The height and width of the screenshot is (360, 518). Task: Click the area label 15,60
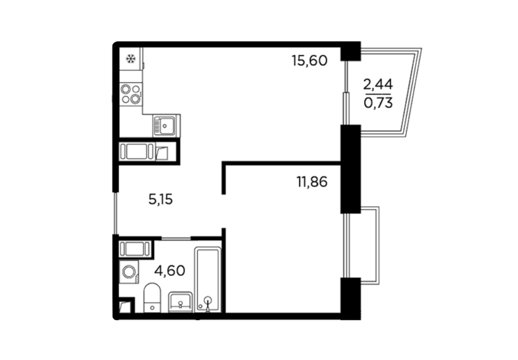click(x=309, y=61)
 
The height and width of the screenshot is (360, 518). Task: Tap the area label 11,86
click(x=311, y=182)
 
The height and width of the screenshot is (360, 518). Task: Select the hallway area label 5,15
click(x=161, y=199)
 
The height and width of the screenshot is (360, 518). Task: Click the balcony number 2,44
click(x=378, y=85)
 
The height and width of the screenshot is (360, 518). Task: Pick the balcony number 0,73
click(x=378, y=103)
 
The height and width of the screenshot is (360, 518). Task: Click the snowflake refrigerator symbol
click(x=131, y=59)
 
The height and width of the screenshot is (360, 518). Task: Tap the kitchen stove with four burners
click(x=131, y=93)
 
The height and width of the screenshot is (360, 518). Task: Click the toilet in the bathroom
click(x=152, y=298)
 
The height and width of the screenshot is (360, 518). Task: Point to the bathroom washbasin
click(x=180, y=302)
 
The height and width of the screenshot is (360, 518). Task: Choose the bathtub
click(x=208, y=279)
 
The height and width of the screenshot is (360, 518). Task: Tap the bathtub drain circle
click(x=208, y=300)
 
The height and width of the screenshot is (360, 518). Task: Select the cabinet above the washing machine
click(x=135, y=249)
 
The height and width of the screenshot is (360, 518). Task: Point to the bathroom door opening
click(x=176, y=238)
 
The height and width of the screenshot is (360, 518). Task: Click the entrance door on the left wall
click(x=115, y=213)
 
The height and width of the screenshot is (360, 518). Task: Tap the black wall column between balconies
click(x=351, y=169)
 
